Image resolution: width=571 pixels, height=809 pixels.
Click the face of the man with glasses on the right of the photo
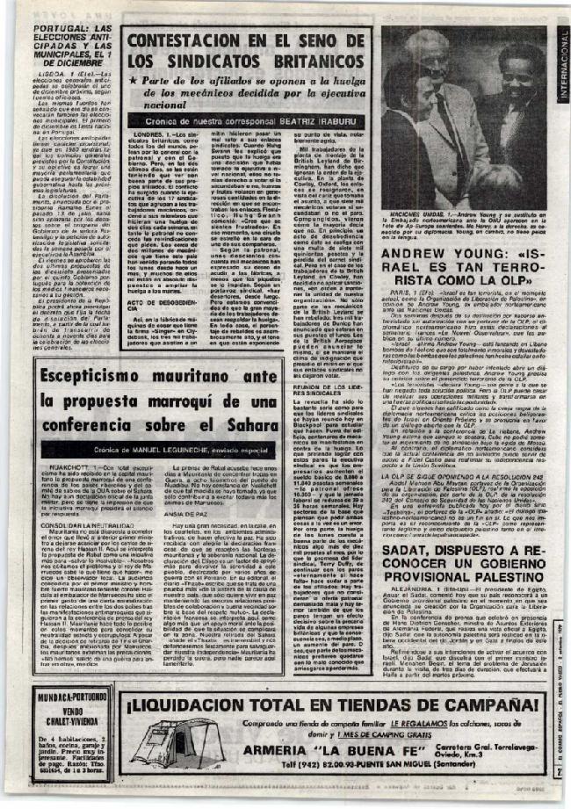(x=518, y=88)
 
